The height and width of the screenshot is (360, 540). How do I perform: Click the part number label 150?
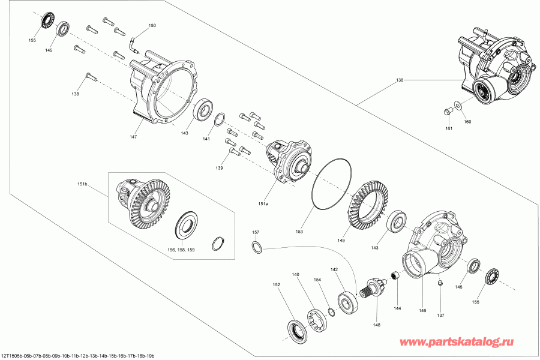click(152, 26)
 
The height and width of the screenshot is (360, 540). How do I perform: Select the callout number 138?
click(75, 94)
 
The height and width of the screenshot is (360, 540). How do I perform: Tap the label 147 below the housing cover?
click(133, 137)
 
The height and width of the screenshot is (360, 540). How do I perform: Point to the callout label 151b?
click(82, 184)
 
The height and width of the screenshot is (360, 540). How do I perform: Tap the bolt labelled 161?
click(448, 112)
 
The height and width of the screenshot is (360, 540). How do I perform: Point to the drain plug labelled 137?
click(440, 283)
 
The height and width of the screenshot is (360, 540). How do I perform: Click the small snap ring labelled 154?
click(331, 311)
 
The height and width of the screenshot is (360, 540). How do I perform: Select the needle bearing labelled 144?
click(395, 276)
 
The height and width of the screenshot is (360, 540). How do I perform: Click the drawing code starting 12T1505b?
click(77, 356)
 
